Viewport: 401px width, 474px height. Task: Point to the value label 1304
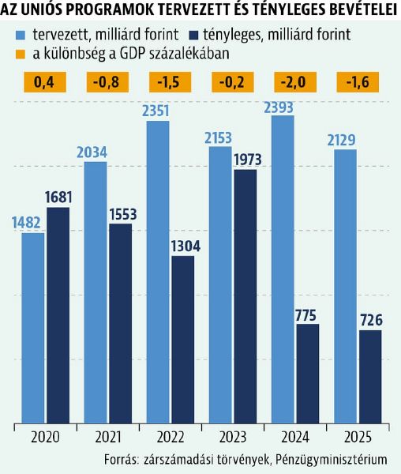click(182, 246)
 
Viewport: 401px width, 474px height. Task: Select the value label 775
click(307, 314)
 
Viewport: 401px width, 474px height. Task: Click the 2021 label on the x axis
click(107, 436)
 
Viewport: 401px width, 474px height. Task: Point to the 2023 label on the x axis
click(232, 436)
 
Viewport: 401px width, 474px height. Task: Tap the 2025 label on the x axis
click(357, 436)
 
